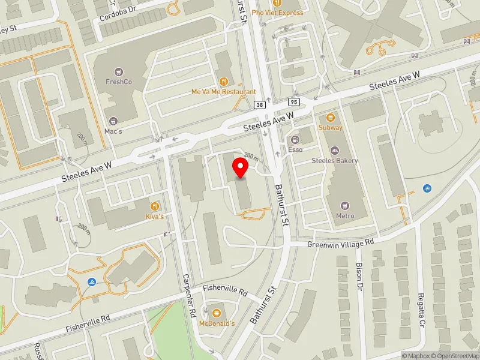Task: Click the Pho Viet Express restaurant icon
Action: click(277, 2)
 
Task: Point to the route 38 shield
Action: click(259, 104)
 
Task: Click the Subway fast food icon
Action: click(331, 117)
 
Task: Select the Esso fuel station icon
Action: click(295, 139)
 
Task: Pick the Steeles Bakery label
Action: click(334, 160)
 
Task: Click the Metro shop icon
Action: click(345, 205)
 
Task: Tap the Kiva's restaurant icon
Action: click(155, 206)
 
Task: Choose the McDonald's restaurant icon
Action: click(215, 313)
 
